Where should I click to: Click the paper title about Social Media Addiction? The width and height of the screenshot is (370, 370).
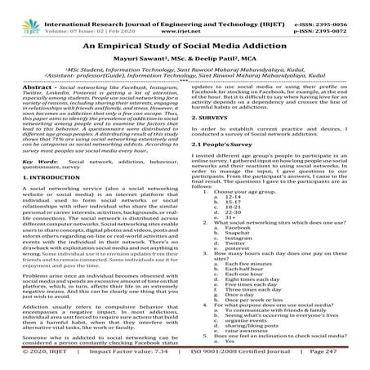(185, 50)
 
